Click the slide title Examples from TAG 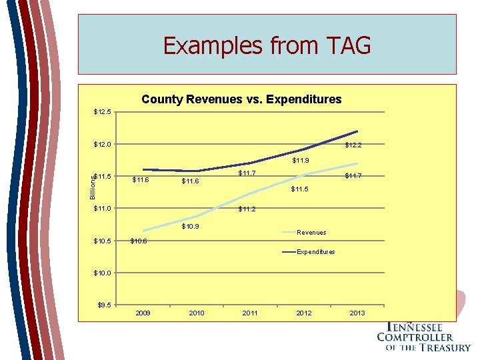point(267,45)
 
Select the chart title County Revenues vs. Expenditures point(241,99)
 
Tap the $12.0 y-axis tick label point(104,144)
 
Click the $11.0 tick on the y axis point(104,209)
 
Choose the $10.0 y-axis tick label point(104,273)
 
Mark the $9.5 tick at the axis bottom point(105,305)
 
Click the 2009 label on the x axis point(143,313)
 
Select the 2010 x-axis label point(197,313)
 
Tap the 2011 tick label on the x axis point(250,313)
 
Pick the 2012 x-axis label point(304,313)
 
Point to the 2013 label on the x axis point(357,313)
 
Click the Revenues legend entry point(311,233)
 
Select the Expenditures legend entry point(316,251)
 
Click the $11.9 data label point(301,160)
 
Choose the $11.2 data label point(247,209)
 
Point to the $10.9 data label point(191,227)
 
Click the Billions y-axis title point(93,185)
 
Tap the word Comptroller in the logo point(415,337)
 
